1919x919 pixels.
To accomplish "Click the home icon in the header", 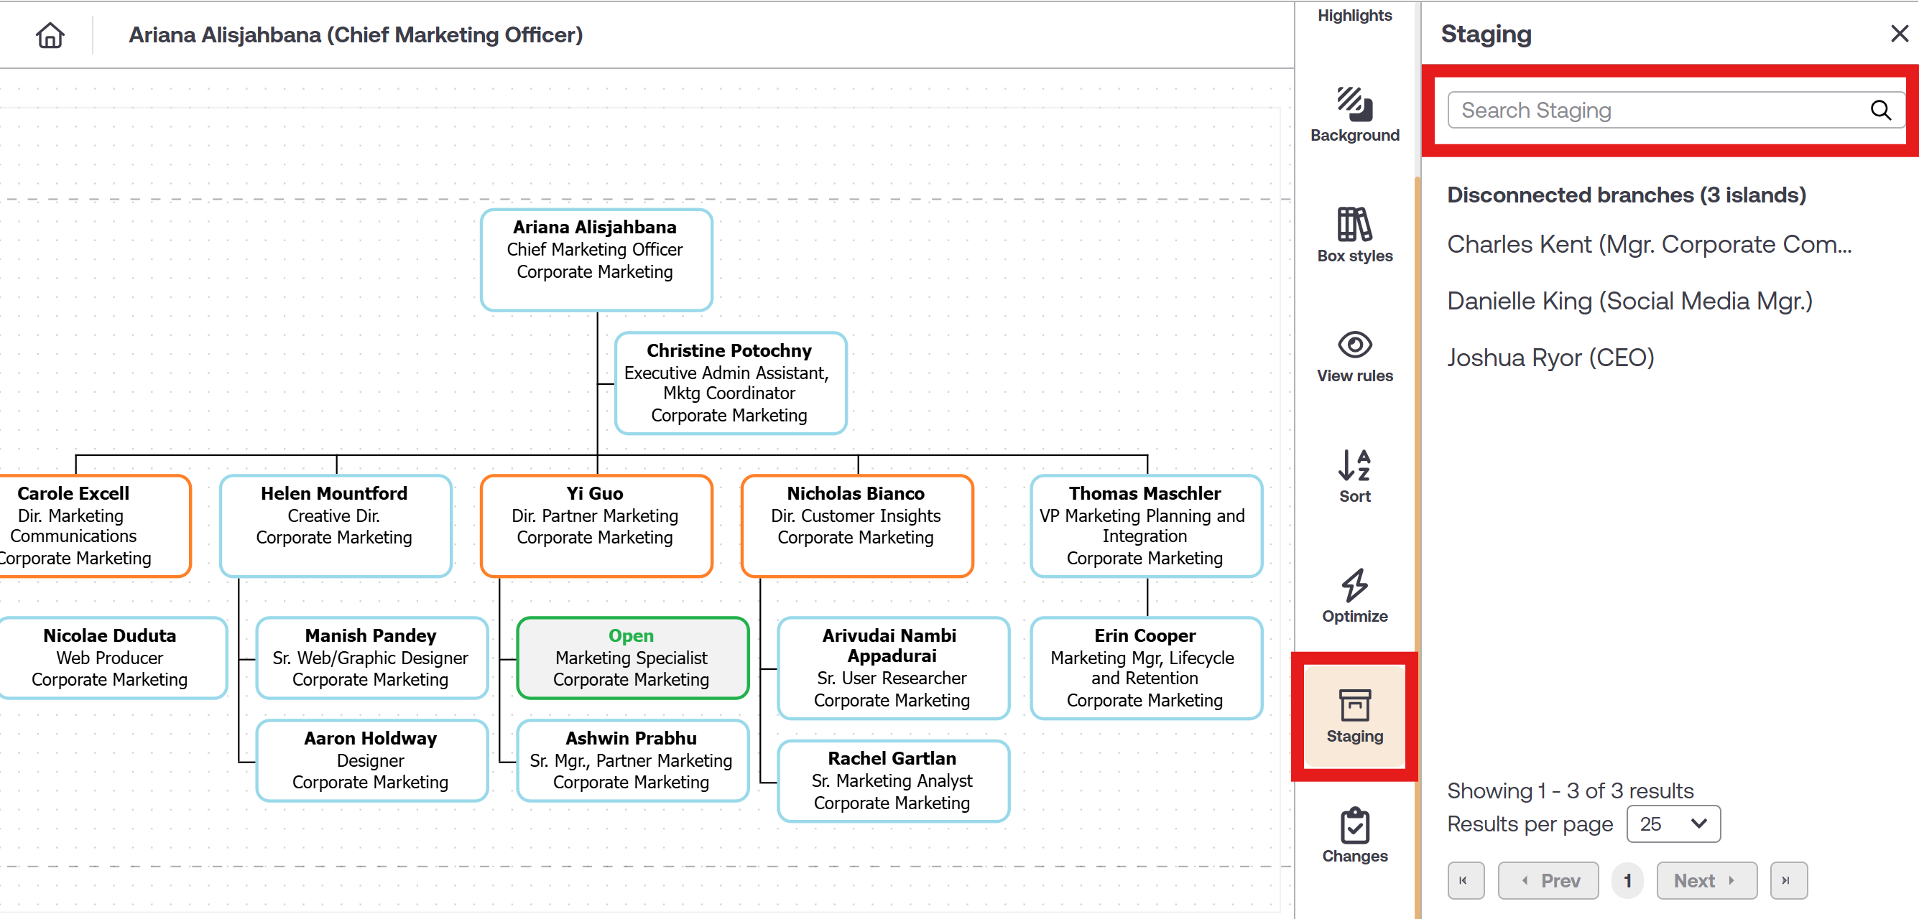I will point(50,35).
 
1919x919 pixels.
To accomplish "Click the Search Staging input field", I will point(1654,111).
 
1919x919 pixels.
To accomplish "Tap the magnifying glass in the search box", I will point(1879,111).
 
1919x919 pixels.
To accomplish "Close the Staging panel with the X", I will point(1899,34).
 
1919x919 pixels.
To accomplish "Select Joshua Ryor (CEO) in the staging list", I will point(1550,358).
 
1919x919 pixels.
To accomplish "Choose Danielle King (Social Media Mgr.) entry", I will point(1629,301).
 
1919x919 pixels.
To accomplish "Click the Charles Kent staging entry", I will point(1649,244).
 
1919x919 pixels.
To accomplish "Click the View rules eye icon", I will point(1354,345).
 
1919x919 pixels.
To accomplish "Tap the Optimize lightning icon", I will point(1354,585).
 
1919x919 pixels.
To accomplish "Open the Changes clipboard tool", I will point(1354,826).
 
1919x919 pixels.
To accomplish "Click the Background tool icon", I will point(1354,104).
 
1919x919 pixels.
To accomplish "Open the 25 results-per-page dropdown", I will point(1673,824).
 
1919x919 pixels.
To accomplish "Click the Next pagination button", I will point(1706,880).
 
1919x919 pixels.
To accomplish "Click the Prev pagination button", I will point(1548,880).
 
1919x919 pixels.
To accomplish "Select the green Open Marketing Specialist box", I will point(632,658).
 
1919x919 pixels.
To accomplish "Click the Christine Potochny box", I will point(729,383).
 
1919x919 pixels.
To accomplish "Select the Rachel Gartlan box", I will point(892,780).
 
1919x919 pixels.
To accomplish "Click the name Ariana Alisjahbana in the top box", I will point(594,227).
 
